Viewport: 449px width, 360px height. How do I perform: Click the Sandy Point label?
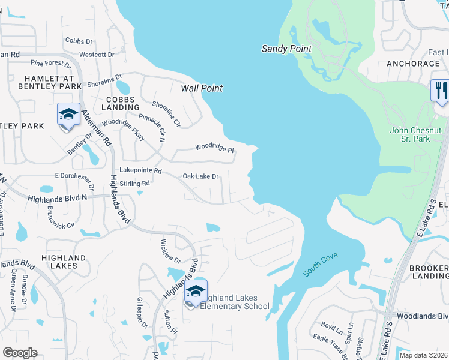coord(286,49)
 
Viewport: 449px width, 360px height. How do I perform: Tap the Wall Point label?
coord(202,88)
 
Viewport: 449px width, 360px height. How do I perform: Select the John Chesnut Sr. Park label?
coord(415,135)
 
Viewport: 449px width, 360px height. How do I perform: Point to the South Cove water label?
coord(321,265)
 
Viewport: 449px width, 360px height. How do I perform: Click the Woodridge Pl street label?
coord(214,148)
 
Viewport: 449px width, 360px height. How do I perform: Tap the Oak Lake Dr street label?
coord(200,176)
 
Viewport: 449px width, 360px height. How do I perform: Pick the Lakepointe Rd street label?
coord(141,170)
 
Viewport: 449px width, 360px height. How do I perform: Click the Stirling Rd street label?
coord(134,184)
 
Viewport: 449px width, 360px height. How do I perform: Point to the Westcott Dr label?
coord(97,55)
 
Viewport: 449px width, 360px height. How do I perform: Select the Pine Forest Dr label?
coord(51,62)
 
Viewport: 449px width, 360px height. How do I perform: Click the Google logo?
coord(20,353)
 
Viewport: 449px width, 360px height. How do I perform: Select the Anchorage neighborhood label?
coord(413,64)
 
